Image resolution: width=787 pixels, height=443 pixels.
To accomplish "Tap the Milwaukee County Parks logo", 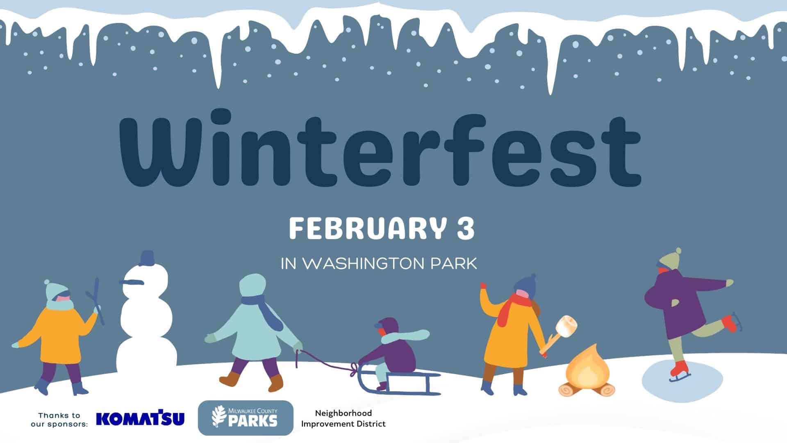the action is point(246,418).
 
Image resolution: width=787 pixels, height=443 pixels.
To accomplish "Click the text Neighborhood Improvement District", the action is point(343,418).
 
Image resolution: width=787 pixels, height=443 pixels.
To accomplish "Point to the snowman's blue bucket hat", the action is point(146,258).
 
